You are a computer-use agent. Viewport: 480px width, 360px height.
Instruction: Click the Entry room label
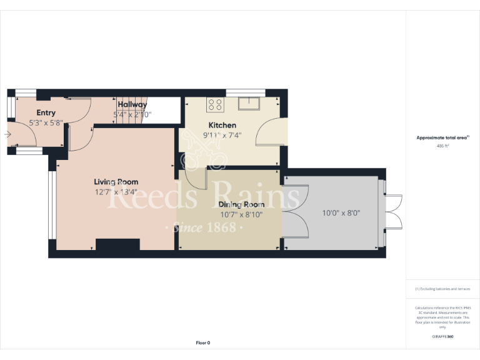coord(46,112)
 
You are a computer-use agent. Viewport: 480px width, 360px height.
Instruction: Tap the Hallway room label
coord(132,104)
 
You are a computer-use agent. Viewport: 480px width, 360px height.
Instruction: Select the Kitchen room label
coord(222,125)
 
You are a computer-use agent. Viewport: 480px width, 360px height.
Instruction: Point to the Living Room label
coord(116,182)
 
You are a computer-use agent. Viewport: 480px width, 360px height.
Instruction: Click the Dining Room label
coord(241,204)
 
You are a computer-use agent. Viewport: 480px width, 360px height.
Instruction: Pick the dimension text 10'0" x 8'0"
coord(341,212)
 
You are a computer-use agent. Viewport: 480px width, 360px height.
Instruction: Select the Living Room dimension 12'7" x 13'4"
coord(116,192)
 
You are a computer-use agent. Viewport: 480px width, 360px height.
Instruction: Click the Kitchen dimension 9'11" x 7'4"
coord(222,134)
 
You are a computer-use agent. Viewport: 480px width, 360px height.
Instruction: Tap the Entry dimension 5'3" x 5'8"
coord(46,122)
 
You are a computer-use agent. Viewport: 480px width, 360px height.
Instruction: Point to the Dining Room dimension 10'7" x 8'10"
coord(241,214)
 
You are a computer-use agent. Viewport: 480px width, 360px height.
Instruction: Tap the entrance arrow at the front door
coord(8,133)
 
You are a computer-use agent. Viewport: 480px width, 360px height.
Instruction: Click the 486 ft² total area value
coord(442,145)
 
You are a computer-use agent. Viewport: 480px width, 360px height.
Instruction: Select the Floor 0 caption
coord(203,342)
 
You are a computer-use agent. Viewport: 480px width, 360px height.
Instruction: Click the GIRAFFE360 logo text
coord(442,336)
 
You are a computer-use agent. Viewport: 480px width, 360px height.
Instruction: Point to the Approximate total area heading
coord(442,137)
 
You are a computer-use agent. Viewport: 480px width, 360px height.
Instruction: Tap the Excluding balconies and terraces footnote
coord(442,289)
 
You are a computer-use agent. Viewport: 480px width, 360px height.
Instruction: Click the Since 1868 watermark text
coord(204,227)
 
